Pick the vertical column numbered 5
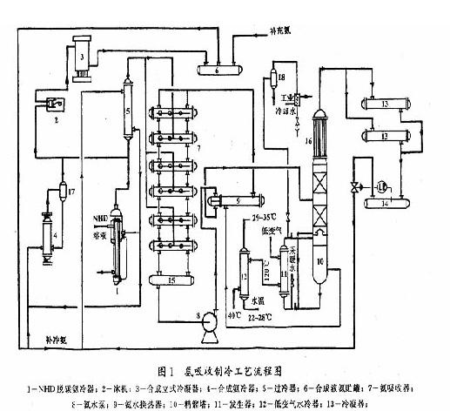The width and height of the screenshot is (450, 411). [x=127, y=112]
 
